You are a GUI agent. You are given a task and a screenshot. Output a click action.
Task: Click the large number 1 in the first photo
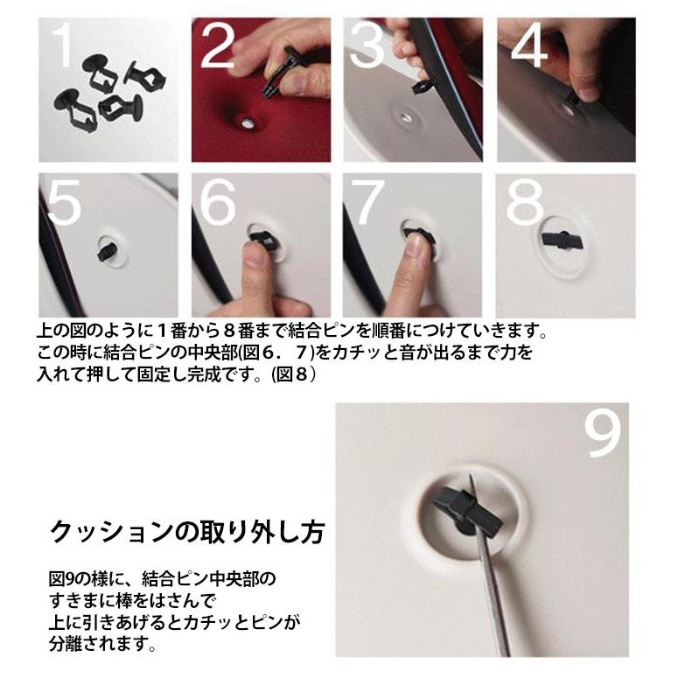tap(61, 45)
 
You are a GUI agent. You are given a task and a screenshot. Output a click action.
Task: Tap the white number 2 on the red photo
tap(218, 45)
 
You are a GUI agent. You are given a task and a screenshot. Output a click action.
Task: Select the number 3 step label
tap(367, 45)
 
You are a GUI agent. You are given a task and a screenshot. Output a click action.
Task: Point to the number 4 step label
tap(529, 45)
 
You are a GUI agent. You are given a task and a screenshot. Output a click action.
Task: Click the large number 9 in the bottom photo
tap(604, 433)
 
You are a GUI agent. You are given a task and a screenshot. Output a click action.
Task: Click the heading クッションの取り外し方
tap(187, 531)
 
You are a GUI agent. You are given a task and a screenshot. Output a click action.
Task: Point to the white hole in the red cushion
tap(246, 124)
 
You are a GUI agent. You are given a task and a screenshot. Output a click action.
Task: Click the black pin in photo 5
tap(107, 252)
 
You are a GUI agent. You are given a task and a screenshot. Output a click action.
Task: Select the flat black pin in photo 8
tap(563, 240)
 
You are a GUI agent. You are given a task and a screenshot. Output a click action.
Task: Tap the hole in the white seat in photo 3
tap(405, 115)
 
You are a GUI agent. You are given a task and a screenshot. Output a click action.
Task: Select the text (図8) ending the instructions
tap(293, 374)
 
